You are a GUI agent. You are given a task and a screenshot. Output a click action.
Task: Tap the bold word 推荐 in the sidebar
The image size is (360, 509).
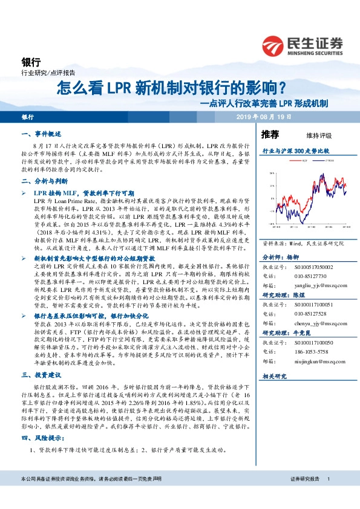(270, 134)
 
